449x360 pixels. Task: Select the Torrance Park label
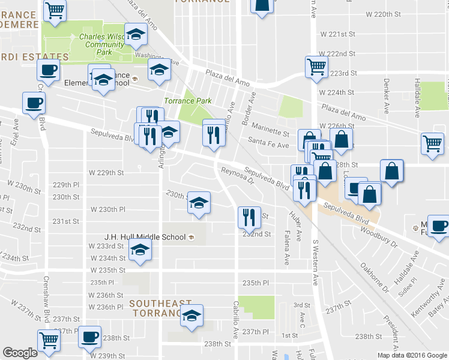[188, 101]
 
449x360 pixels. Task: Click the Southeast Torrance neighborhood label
[160, 308]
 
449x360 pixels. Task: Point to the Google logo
[20, 353]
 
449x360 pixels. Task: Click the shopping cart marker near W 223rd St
[316, 67]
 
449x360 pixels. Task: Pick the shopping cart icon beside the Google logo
[49, 340]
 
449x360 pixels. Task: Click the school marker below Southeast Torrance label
[192, 316]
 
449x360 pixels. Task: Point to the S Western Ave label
[315, 262]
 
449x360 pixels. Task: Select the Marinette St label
[270, 134]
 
